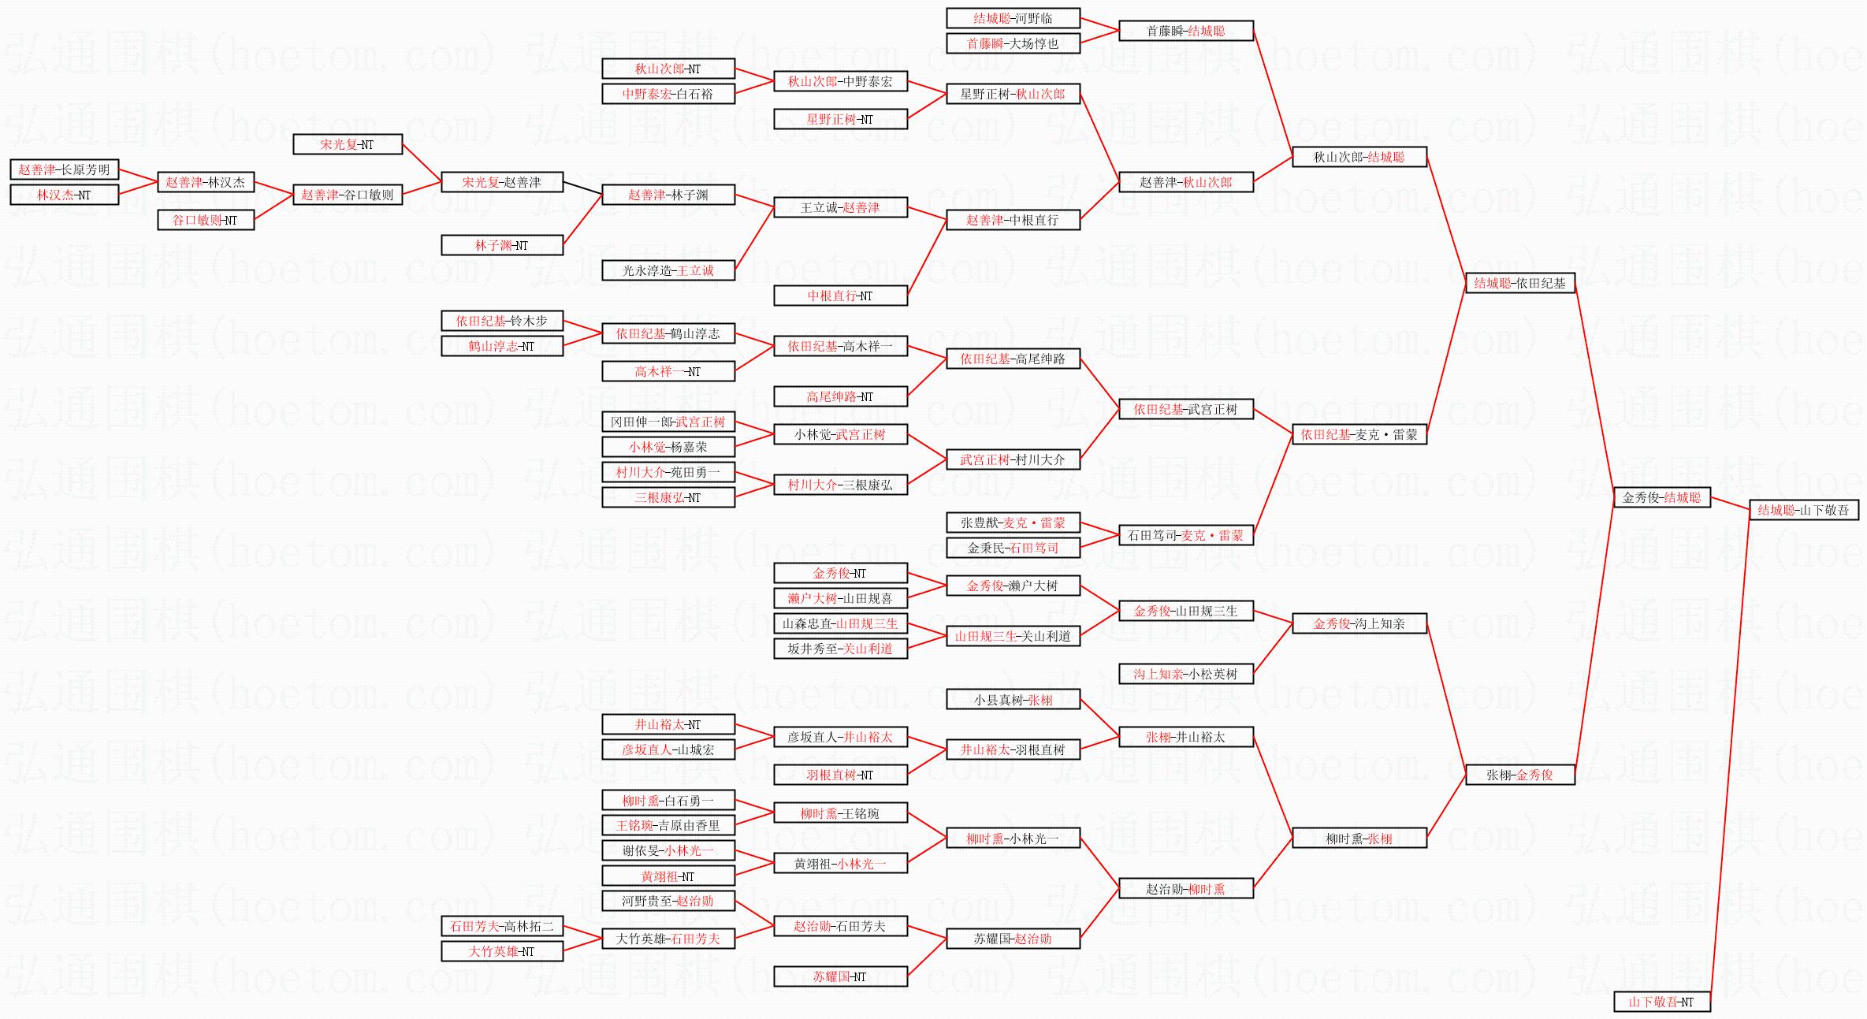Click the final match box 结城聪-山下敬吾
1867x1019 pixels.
tap(1803, 510)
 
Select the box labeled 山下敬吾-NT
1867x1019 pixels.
tap(1661, 1002)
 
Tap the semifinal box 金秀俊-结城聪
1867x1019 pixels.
tap(1661, 497)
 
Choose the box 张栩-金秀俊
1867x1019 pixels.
tap(1519, 775)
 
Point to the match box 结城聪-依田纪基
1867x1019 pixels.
tap(1519, 283)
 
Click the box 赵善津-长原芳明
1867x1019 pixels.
tap(64, 169)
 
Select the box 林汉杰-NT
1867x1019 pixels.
tap(64, 195)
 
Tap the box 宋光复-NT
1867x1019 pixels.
tap(347, 144)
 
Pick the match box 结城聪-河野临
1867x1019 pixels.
tap(1013, 18)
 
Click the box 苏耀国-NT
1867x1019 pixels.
tap(840, 976)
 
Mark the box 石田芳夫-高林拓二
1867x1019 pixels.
tap(502, 926)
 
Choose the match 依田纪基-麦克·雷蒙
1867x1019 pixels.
tap(1359, 434)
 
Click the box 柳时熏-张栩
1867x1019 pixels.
tap(1359, 839)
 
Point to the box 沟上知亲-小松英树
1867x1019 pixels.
tap(1185, 674)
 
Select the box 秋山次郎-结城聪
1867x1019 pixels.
tap(1359, 157)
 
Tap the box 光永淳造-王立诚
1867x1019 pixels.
tap(668, 270)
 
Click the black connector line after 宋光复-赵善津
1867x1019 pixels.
tap(582, 188)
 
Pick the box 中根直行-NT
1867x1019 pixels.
tap(840, 296)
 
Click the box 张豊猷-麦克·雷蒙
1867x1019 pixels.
tap(1013, 523)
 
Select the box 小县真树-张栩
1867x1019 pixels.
tap(1013, 699)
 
